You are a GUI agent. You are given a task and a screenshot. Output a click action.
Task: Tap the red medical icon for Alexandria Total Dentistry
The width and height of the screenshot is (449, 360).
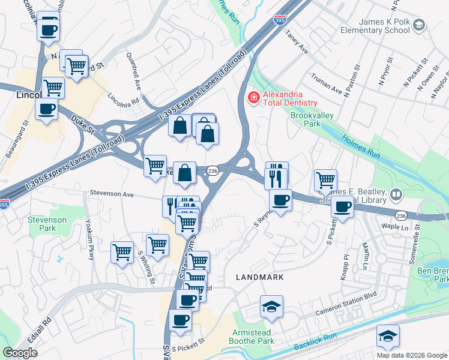point(254,97)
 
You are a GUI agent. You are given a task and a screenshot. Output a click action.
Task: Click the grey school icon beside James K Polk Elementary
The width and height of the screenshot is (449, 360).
point(419,25)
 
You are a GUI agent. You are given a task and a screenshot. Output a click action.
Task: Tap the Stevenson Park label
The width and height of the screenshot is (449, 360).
point(47,224)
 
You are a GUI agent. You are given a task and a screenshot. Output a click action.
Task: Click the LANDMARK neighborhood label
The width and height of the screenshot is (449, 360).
point(259,277)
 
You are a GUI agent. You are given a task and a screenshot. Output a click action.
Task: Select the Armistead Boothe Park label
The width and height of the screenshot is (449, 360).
point(252,337)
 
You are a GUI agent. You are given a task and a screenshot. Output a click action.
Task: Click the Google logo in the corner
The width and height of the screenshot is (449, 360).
point(20,353)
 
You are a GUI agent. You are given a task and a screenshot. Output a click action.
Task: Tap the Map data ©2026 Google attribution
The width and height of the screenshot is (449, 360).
point(412,355)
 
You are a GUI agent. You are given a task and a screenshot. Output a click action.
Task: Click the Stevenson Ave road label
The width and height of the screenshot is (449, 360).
point(112,194)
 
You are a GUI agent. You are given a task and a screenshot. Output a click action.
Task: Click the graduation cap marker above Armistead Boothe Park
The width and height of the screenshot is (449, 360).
point(271,307)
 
